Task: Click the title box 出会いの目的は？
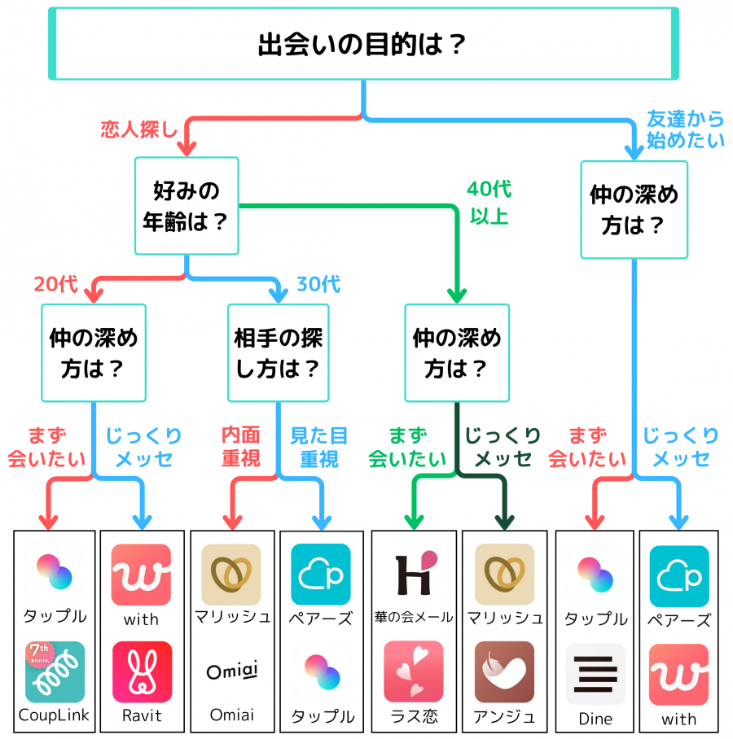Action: point(363,43)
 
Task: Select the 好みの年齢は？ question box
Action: point(187,206)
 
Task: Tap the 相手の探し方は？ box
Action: point(278,352)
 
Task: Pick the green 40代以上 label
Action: point(489,203)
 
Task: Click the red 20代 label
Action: point(55,284)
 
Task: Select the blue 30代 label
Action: point(318,284)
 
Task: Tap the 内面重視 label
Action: point(241,447)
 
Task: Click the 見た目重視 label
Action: point(318,447)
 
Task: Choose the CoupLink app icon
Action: point(55,671)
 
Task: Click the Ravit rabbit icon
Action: point(142,671)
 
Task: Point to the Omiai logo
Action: point(231,671)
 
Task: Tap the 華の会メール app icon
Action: point(414,574)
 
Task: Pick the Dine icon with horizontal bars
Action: point(595,674)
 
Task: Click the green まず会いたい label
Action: point(407,447)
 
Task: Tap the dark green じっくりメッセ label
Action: point(503,447)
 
